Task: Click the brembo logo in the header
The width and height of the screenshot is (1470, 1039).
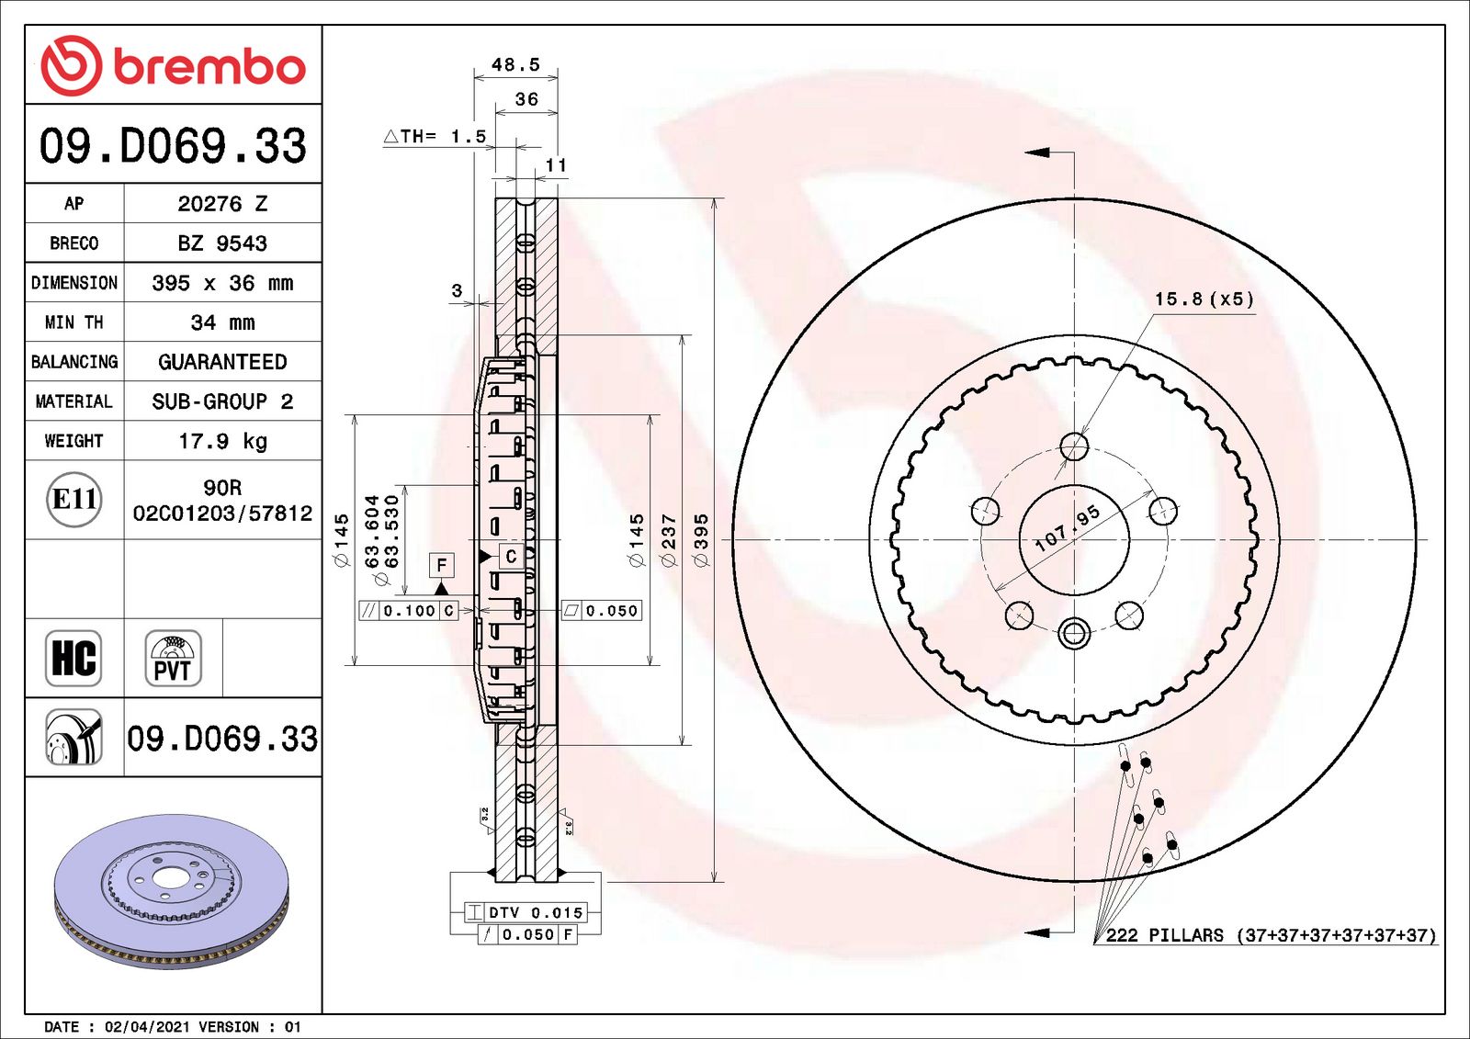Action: coord(173,66)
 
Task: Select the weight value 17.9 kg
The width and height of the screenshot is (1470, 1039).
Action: coord(222,441)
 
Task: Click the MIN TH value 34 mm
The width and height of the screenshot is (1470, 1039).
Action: coord(222,322)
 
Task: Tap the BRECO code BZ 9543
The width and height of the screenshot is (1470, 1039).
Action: coord(222,243)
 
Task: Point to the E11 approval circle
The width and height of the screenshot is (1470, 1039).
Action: coord(74,499)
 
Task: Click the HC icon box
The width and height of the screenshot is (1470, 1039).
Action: coord(73,658)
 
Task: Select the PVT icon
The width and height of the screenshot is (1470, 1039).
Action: coord(173,658)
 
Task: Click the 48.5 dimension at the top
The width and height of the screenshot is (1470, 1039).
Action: coord(515,64)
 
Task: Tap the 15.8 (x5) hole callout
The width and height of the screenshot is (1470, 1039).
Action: coord(1204,299)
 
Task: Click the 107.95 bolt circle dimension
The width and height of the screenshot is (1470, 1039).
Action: coord(1067,529)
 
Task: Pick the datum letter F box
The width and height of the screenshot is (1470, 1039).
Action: coord(442,565)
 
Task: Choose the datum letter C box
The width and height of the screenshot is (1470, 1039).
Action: coord(511,556)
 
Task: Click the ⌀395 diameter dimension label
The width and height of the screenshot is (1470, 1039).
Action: coord(702,540)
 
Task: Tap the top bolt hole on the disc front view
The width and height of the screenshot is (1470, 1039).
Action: coord(1074,447)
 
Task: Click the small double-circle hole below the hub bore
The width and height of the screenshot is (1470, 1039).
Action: coord(1074,632)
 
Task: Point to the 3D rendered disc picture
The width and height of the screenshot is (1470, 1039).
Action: coord(172,889)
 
